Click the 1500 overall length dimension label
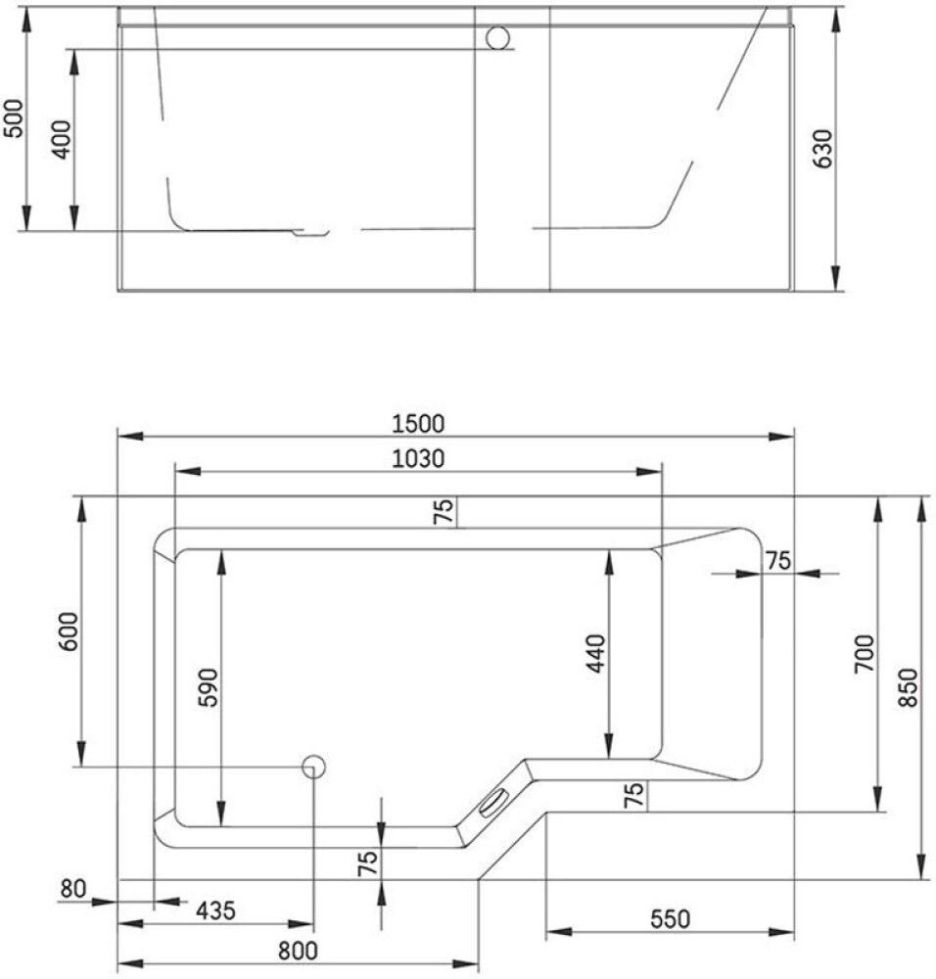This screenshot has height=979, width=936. coord(418,424)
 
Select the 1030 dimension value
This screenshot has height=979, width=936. coord(418,458)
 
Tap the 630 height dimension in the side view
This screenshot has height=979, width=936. coord(822,149)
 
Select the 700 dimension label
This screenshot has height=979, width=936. coord(864,653)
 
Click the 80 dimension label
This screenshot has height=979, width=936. coord(73,889)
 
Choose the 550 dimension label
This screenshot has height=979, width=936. coord(670,919)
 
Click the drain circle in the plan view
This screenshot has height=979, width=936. coord(314,767)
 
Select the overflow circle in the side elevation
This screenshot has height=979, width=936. coord(498,37)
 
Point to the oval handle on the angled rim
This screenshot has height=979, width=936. coord(493,801)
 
